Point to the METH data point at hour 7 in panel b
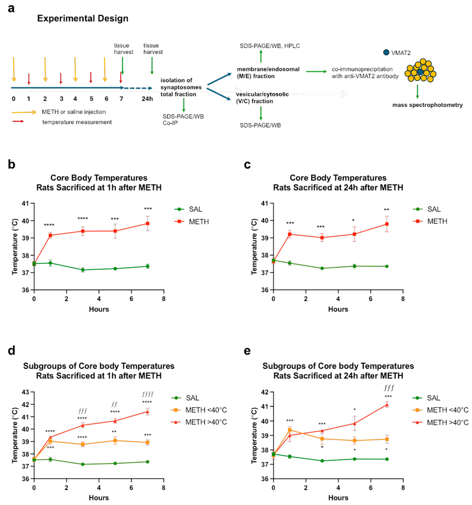148,224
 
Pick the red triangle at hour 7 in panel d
148,412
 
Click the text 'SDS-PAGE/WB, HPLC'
270,46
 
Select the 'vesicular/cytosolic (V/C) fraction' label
262,98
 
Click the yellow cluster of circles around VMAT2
420,71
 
